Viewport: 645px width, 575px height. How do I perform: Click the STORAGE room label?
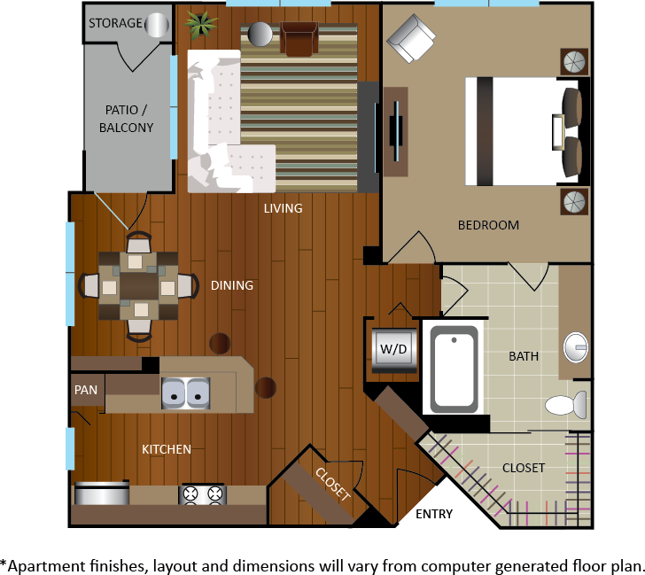115,23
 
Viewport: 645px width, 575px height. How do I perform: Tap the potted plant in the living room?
201,25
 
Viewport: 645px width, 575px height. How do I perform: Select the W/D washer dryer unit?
394,350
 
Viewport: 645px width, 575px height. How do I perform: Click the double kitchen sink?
185,393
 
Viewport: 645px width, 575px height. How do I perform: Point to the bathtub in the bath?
455,369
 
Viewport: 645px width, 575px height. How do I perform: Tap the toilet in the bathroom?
566,405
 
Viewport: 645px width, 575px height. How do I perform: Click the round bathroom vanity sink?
576,347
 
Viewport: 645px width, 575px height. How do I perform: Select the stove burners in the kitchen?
202,494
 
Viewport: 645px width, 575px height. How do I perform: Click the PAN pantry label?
86,390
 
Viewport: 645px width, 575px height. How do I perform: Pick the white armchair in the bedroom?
411,39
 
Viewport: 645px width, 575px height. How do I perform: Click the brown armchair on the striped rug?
299,39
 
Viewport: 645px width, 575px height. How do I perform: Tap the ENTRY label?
434,514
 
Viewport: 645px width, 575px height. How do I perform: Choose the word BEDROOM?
488,225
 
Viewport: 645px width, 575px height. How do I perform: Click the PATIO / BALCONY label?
127,119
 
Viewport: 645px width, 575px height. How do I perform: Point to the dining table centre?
138,285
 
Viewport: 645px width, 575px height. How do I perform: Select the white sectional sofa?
225,121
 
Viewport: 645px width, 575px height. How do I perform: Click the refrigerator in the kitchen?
101,493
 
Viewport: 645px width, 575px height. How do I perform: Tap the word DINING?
232,285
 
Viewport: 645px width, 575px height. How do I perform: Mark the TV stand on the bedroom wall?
396,132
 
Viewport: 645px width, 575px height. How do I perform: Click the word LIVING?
283,208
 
